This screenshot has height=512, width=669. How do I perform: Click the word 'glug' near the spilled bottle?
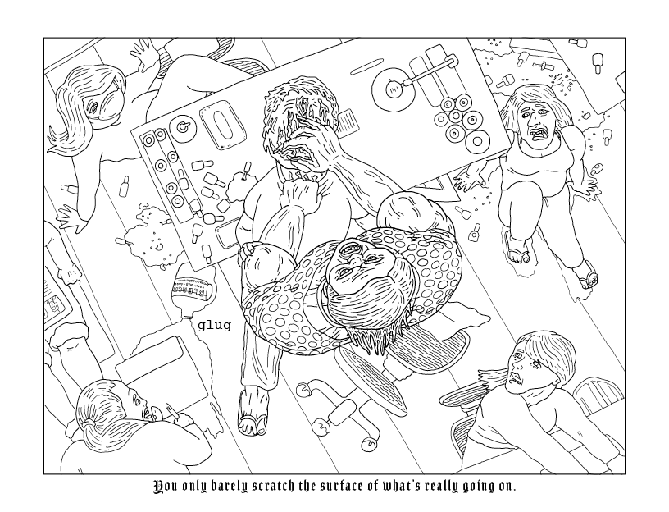click(214, 325)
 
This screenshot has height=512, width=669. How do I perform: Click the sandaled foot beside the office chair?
click(251, 410)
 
